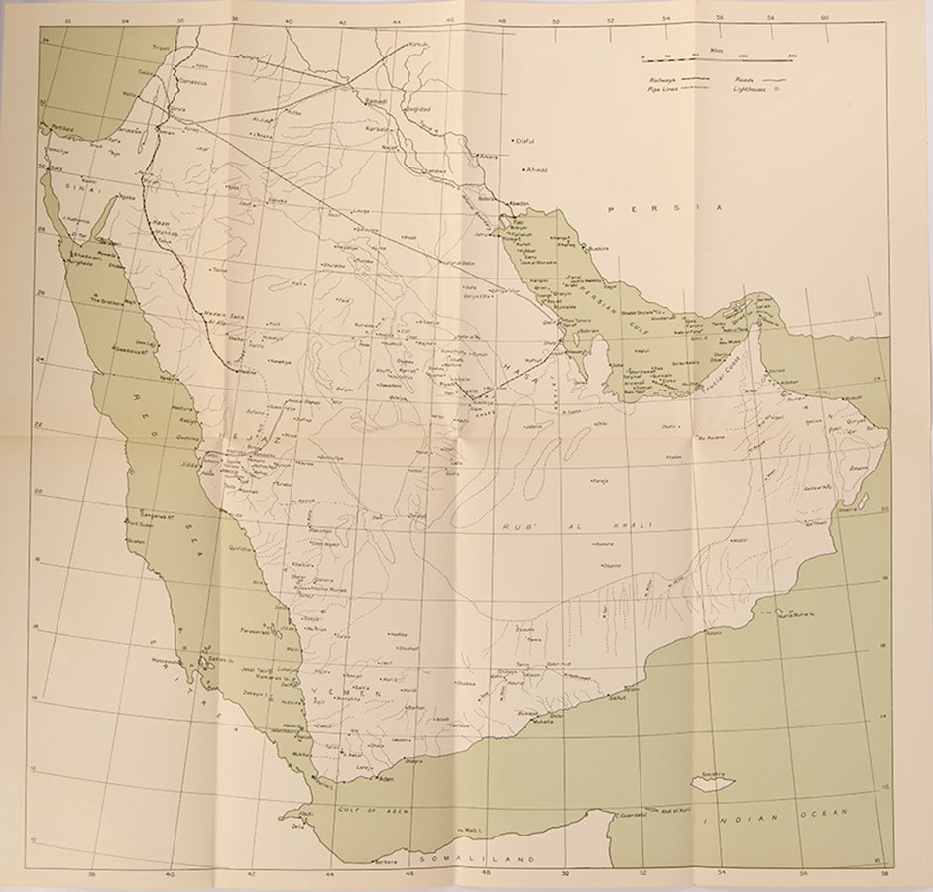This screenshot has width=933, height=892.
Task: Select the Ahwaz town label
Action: (x=536, y=169)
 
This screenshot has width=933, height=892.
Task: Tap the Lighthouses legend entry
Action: (x=750, y=89)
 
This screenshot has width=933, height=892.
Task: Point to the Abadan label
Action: (x=521, y=205)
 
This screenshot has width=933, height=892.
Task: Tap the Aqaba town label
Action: (x=125, y=197)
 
